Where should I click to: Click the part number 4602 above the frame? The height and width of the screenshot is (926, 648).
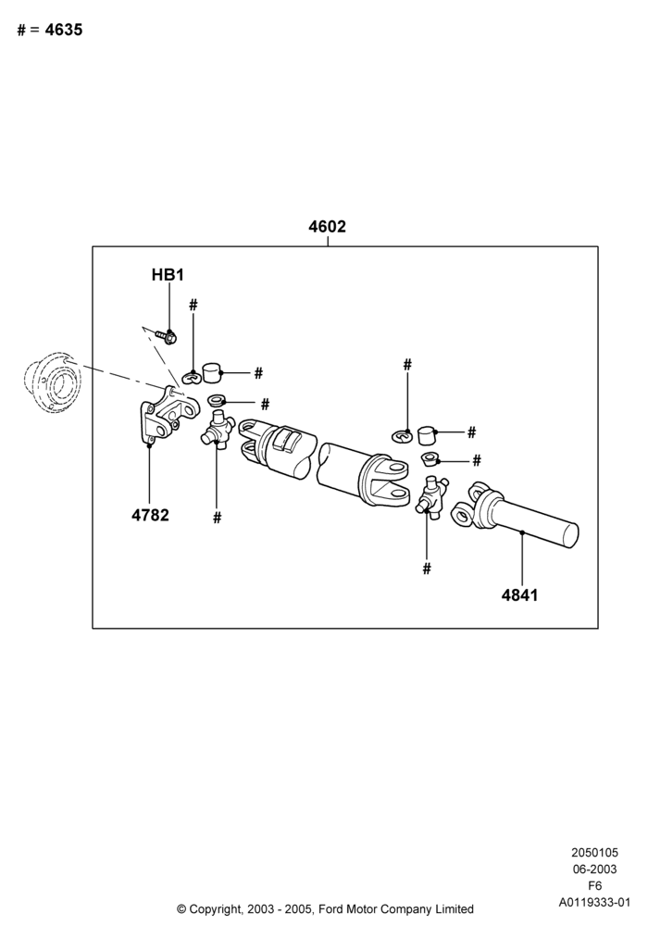tap(327, 226)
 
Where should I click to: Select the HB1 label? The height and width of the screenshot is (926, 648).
tap(168, 275)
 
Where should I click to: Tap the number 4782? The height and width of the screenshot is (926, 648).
tap(150, 515)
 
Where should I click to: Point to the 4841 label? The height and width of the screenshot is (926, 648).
tap(520, 594)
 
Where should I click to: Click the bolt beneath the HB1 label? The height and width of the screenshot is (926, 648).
tap(167, 337)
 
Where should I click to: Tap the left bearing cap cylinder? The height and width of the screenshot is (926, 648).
tap(211, 373)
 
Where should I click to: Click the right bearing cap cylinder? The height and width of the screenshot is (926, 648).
tap(426, 435)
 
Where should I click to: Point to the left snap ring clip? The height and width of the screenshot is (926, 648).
tap(192, 376)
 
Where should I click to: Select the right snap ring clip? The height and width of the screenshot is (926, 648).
tap(404, 436)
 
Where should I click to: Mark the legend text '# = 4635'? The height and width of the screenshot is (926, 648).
tap(50, 30)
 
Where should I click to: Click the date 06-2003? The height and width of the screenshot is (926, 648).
tap(595, 870)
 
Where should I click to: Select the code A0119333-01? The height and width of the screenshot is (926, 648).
tap(595, 902)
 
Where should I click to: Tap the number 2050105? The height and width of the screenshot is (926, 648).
tap(595, 853)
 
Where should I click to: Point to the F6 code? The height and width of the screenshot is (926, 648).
tap(595, 886)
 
